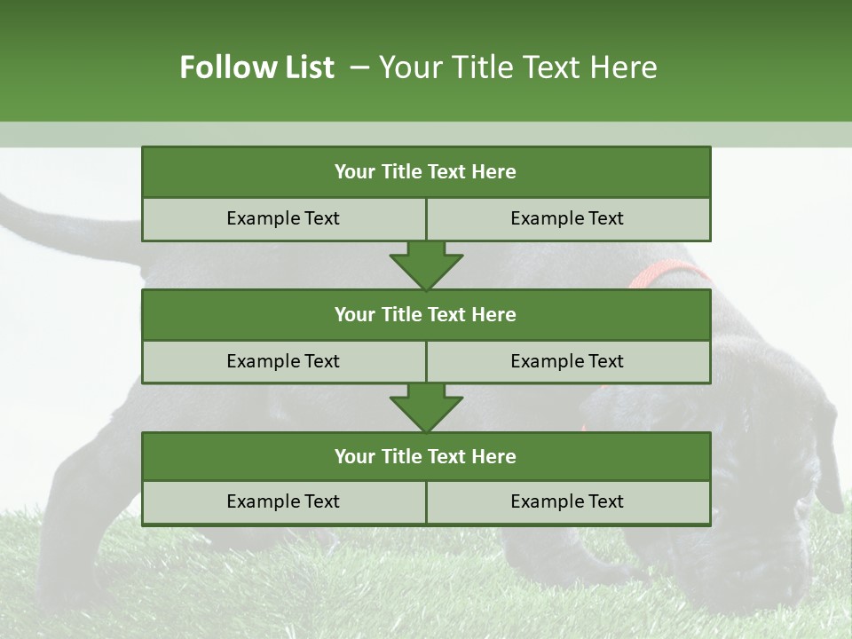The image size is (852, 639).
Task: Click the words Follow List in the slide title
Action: click(x=256, y=67)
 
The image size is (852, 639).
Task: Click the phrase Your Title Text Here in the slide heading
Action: click(x=517, y=67)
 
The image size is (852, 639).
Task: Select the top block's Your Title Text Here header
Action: click(x=425, y=172)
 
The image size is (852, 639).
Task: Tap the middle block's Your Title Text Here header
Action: click(x=425, y=314)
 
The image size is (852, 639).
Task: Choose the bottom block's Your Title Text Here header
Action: click(x=425, y=456)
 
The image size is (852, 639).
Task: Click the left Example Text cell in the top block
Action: click(x=283, y=218)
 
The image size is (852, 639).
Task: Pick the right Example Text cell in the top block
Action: click(x=567, y=218)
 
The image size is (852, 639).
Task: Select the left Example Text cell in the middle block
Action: click(x=283, y=361)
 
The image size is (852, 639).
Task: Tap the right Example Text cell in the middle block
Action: click(x=567, y=361)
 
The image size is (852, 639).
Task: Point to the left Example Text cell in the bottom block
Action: click(x=283, y=501)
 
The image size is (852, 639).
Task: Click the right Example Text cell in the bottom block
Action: click(x=567, y=501)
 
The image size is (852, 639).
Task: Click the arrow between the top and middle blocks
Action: click(x=426, y=264)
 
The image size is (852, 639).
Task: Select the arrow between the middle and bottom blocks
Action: click(x=426, y=407)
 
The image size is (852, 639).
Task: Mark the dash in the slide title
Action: click(x=359, y=67)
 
